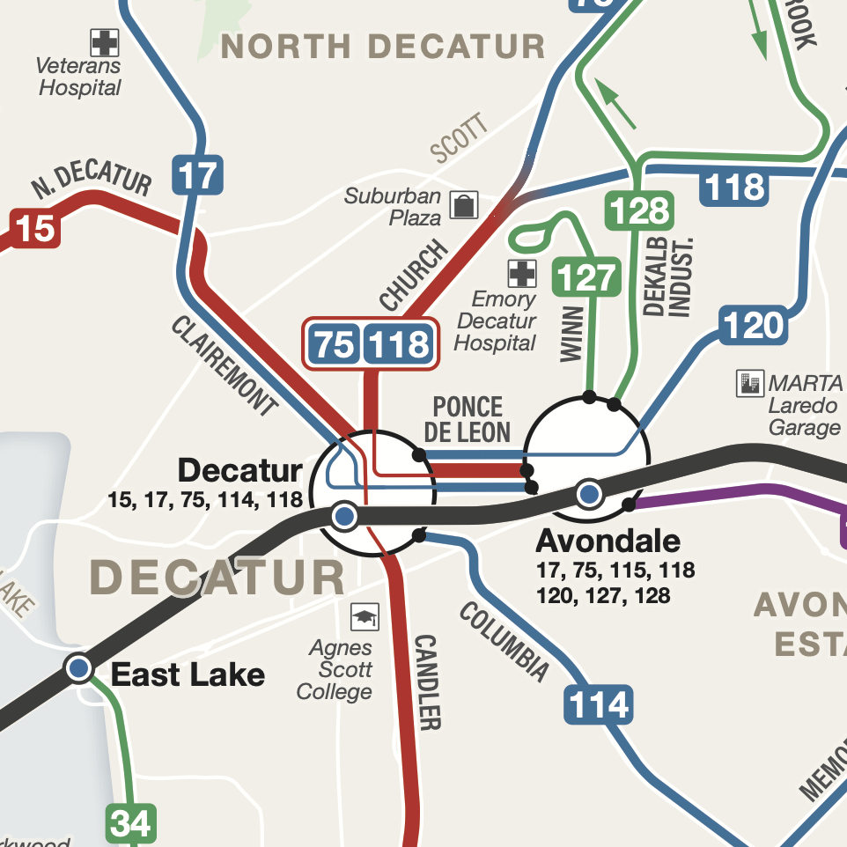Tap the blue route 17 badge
tap(198, 174)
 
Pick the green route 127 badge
tap(586, 277)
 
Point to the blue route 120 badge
tap(753, 327)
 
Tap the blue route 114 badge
tap(599, 705)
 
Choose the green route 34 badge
tap(131, 824)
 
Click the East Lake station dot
tap(79, 667)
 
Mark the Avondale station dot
tap(589, 494)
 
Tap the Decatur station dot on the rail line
tap(345, 516)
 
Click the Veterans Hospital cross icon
tap(105, 42)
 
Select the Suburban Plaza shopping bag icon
tap(463, 205)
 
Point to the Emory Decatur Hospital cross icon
tap(521, 273)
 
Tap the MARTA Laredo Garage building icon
tap(749, 383)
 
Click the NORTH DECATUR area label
tap(383, 46)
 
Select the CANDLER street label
tap(427, 681)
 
